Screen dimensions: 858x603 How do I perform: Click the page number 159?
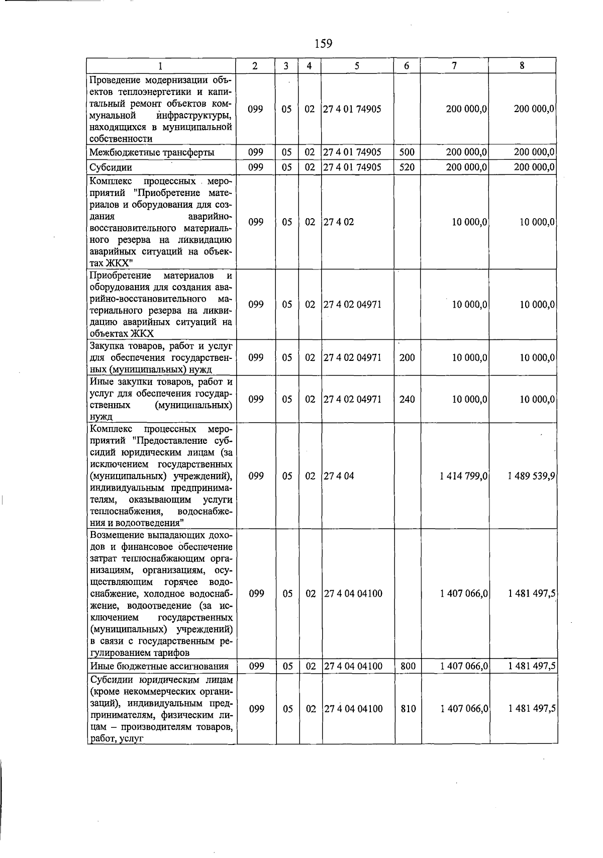pos(323,44)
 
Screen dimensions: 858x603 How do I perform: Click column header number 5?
pos(356,65)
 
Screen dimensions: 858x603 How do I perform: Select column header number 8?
pos(523,65)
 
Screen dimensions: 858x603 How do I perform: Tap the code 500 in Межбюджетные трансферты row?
pos(407,152)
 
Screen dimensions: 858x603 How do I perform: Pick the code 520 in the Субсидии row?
pos(407,167)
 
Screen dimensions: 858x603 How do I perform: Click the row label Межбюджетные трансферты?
pos(152,152)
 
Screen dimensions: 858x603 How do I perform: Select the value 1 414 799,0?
pos(463,475)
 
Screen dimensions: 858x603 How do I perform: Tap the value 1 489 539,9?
pos(531,475)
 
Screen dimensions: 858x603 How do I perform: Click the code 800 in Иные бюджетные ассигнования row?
pos(408,666)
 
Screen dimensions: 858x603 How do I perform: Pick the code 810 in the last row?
pos(408,709)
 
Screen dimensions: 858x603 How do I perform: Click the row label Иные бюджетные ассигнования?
pos(159,666)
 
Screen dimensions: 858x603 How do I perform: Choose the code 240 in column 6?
pos(407,399)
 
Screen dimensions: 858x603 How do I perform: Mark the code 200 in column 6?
pos(407,357)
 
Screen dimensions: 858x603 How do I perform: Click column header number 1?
pos(160,65)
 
